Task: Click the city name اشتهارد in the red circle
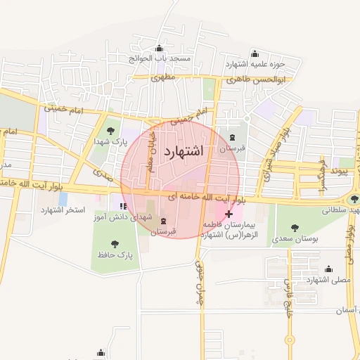point(184,151)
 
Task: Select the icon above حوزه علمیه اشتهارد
point(255,53)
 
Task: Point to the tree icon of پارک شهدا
point(109,130)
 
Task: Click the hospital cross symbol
point(229,213)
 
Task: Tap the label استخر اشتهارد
point(63,210)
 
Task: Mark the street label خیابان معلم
point(150,153)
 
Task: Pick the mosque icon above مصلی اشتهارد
point(328,268)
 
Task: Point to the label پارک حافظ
point(115,253)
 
